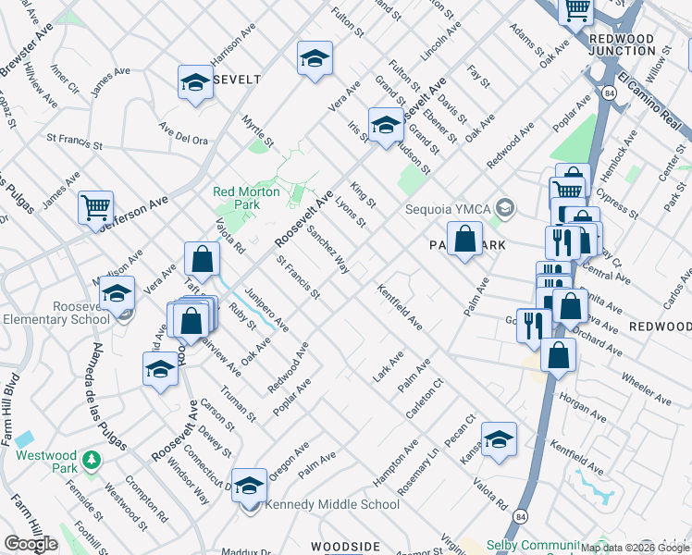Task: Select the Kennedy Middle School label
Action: tap(332, 505)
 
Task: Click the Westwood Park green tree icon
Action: tap(91, 460)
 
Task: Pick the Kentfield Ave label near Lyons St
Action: tap(400, 308)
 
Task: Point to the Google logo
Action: tap(31, 544)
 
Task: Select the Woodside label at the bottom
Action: tap(345, 548)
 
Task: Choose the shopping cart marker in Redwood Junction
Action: tap(577, 11)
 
